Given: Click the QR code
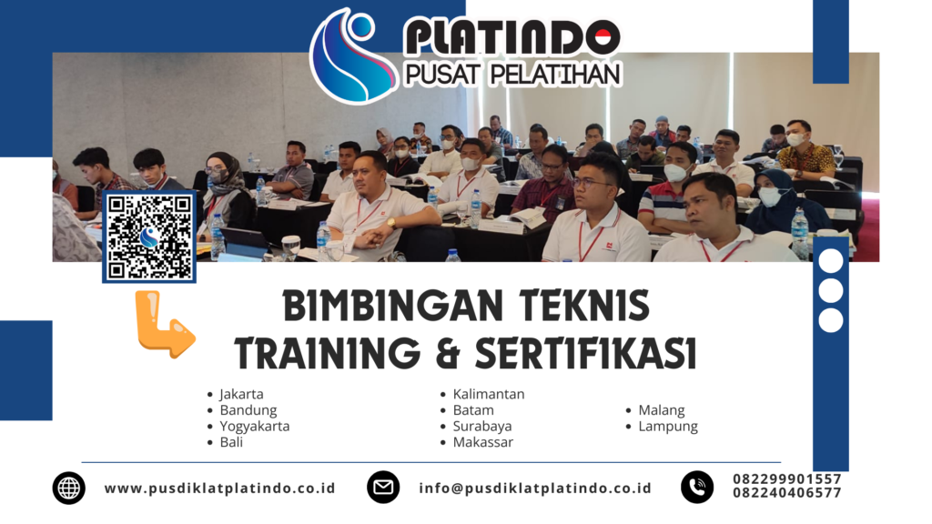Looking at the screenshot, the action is click(149, 237).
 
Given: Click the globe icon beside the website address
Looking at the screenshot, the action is click(69, 488).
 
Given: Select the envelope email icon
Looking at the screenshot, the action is click(383, 488).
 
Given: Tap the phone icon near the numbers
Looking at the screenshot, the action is click(697, 488).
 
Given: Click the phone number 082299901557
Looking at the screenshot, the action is click(787, 479).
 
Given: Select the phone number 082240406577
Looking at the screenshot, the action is click(787, 492).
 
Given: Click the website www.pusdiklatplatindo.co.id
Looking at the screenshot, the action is click(220, 488).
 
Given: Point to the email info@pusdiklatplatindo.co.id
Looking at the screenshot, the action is click(535, 488).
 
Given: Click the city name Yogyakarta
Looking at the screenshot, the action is click(255, 426).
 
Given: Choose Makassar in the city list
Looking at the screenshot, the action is click(482, 442).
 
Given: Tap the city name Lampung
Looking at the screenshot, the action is click(668, 426).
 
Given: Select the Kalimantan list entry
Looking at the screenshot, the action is click(489, 394).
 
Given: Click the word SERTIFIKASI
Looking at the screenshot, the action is click(585, 353).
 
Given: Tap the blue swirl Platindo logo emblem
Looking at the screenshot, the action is click(353, 55).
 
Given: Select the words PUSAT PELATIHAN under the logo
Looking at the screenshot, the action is click(512, 75).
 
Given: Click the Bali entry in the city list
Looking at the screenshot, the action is click(231, 442).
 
